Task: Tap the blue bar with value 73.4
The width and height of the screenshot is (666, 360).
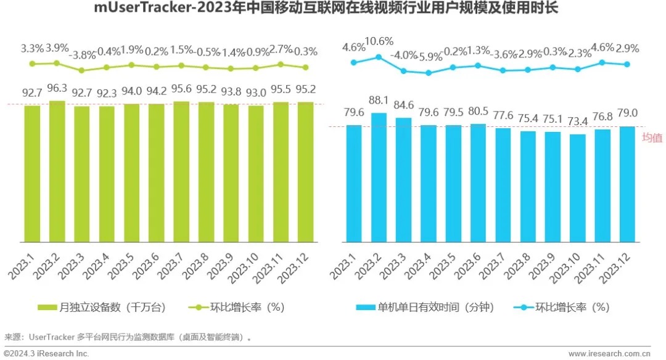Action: (x=578, y=187)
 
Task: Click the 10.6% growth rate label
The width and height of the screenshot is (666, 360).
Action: (x=379, y=41)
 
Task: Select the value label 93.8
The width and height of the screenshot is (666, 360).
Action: (x=231, y=92)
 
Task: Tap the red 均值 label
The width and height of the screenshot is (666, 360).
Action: (x=652, y=137)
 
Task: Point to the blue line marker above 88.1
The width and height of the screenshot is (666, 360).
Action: (x=379, y=57)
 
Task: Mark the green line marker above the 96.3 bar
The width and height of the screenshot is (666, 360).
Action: (x=57, y=63)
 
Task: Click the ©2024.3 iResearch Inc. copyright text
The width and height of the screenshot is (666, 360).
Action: (x=46, y=353)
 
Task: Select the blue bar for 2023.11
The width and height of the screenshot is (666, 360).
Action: (x=602, y=185)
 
